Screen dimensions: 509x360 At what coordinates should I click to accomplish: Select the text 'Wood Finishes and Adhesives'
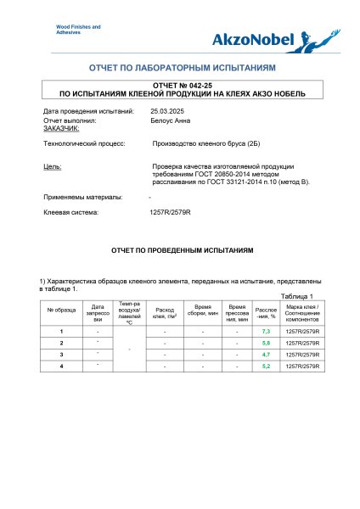(77, 30)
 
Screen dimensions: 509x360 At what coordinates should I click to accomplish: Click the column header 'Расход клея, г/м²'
(164, 312)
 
